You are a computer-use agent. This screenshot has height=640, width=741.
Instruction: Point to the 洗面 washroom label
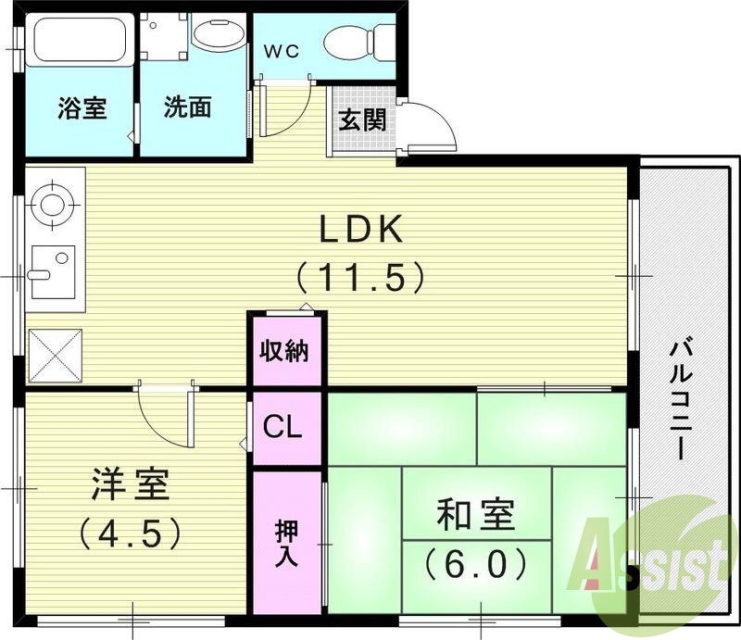pyautogui.click(x=188, y=107)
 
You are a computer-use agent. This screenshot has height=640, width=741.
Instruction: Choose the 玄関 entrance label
pyautogui.click(x=362, y=120)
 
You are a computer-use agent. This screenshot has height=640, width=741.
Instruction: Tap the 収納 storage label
pyautogui.click(x=284, y=352)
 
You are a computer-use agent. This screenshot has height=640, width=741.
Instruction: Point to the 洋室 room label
pyautogui.click(x=130, y=484)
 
